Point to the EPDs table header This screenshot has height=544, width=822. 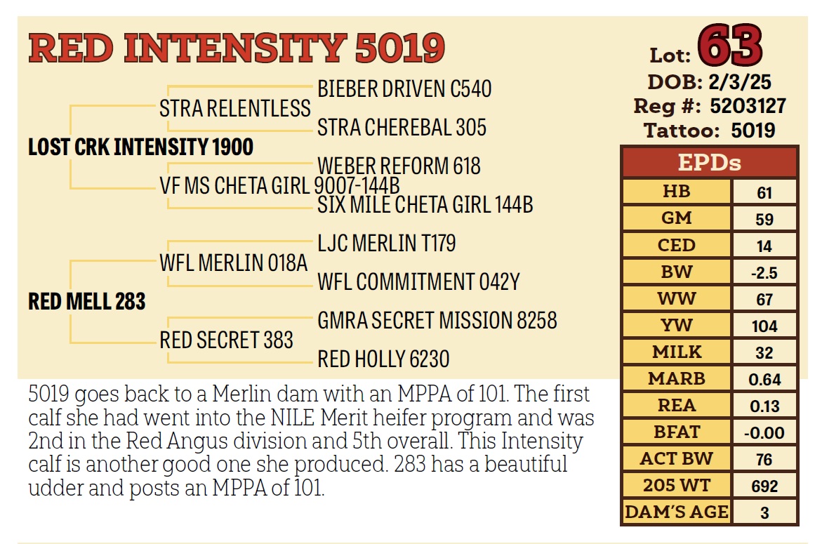[709, 163]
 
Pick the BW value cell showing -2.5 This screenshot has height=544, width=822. [764, 272]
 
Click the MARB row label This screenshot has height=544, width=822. [677, 378]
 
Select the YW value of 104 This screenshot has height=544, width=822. [764, 326]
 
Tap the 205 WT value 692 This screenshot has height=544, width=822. [764, 486]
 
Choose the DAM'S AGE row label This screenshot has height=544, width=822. [677, 512]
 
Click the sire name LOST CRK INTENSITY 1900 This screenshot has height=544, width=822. [140, 147]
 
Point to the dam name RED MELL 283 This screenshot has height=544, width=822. [87, 302]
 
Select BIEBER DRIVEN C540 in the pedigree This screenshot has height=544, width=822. [404, 89]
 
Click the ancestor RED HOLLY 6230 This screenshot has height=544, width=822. [383, 359]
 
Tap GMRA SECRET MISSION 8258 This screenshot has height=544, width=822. [437, 321]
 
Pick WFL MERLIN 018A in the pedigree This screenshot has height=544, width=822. [234, 263]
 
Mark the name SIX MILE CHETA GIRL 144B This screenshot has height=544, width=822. [425, 204]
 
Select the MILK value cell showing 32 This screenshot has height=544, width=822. [764, 352]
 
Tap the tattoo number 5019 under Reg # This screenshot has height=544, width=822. [753, 131]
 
